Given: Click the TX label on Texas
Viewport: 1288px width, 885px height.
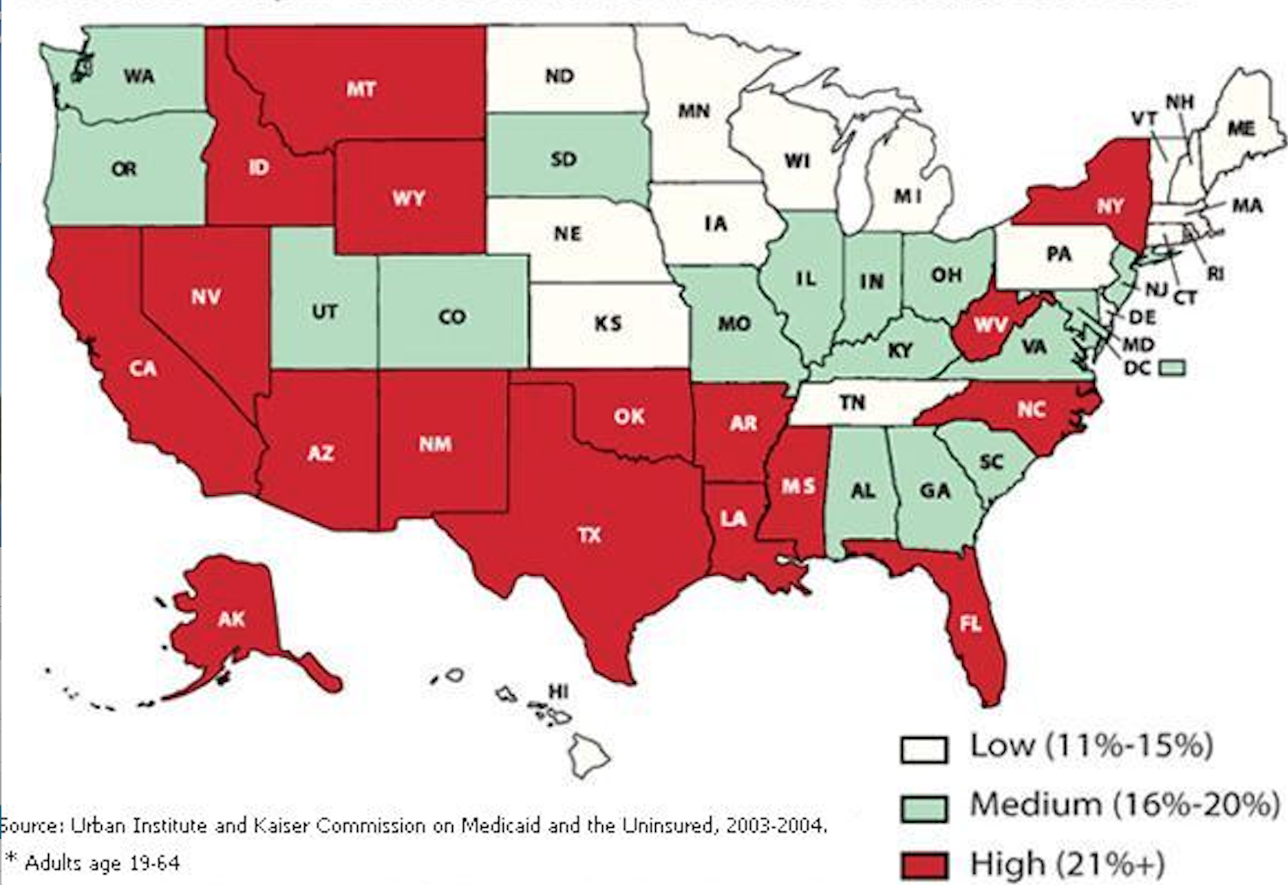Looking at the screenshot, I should click(589, 535).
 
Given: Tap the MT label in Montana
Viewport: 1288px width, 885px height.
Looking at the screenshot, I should click(361, 89).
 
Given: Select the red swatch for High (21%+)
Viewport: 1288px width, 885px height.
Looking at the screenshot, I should click(924, 865).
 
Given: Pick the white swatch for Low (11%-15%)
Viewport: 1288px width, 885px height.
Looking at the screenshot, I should click(924, 750).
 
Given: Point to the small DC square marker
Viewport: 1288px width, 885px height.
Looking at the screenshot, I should click(1172, 367).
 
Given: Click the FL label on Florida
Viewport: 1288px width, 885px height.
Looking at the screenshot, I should click(970, 623).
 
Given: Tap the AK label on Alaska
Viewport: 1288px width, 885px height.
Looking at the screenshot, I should click(232, 618).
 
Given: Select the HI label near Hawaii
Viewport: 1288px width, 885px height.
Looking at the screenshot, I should click(558, 691).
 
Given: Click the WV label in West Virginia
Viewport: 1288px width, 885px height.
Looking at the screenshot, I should click(991, 325).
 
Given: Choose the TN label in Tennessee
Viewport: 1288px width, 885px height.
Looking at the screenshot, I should click(852, 403).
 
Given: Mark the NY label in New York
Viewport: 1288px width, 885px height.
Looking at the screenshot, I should click(1109, 206).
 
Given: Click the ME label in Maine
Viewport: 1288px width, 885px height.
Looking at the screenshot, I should click(1241, 128).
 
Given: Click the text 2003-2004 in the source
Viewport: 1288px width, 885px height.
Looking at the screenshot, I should click(774, 826).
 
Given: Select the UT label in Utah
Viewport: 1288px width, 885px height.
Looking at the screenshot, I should click(324, 311).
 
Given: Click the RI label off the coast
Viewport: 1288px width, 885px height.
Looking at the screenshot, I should click(1215, 274).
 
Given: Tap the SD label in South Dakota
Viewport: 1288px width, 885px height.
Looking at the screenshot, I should click(563, 159).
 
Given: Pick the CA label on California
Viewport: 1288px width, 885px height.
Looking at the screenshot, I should click(143, 368).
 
